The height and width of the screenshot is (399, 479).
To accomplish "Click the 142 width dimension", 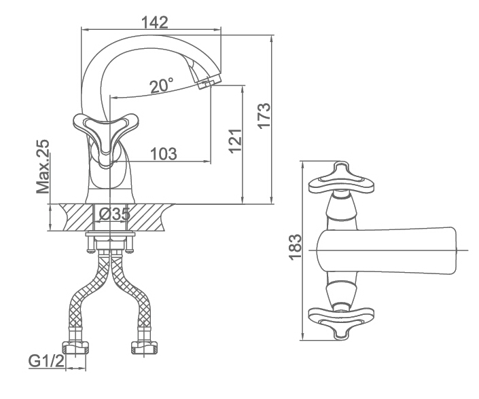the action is (x=155, y=22).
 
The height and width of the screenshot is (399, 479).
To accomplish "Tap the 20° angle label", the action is (x=162, y=85).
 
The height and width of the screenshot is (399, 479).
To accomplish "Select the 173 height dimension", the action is (x=264, y=116).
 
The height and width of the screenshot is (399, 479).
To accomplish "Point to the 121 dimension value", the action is (x=236, y=140).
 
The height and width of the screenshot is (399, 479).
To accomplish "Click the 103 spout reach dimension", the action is (x=164, y=154).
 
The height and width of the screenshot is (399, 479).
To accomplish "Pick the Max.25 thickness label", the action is (x=42, y=166).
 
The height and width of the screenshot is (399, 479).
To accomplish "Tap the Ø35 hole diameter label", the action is (x=116, y=214).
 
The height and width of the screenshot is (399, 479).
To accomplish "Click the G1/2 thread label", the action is (x=46, y=362).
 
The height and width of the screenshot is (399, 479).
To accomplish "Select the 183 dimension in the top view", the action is (x=295, y=247).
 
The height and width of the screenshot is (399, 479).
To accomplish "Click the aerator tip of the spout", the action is (x=209, y=81).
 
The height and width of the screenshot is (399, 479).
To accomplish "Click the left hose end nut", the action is (x=76, y=348).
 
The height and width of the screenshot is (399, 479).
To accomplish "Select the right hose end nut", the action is (x=145, y=348).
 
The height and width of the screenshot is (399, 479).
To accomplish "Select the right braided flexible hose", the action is (x=131, y=293).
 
